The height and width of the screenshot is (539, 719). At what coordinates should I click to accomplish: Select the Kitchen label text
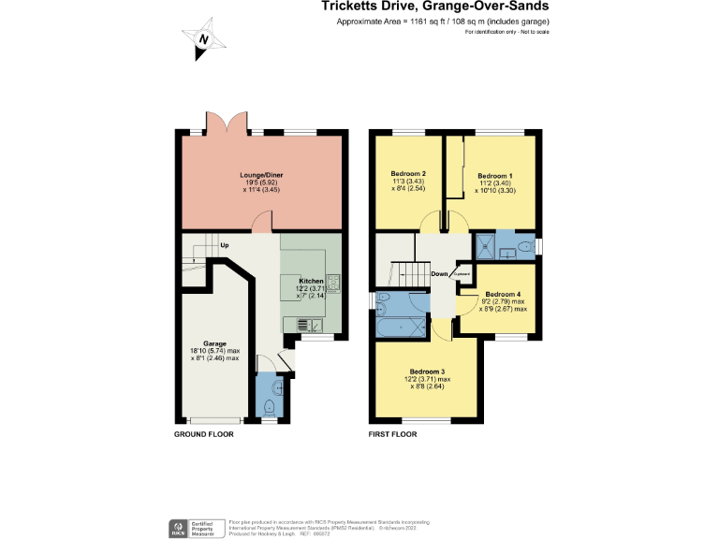(x=311, y=281)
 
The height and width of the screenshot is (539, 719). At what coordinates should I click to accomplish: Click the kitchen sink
(x=310, y=325)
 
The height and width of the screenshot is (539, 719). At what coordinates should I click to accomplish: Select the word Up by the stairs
(x=225, y=246)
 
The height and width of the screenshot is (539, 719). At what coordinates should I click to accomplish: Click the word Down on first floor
(x=438, y=274)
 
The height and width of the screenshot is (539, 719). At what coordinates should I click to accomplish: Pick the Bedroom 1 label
(x=494, y=176)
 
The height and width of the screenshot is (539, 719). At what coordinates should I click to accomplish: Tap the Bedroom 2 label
(x=408, y=174)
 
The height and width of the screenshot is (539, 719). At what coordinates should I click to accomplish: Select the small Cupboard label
(x=461, y=273)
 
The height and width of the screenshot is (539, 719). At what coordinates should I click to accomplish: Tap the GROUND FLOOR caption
(x=203, y=435)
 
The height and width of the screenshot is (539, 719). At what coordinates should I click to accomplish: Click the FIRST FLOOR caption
(x=392, y=435)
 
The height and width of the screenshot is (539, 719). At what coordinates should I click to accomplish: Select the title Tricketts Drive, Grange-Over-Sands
(x=435, y=7)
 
